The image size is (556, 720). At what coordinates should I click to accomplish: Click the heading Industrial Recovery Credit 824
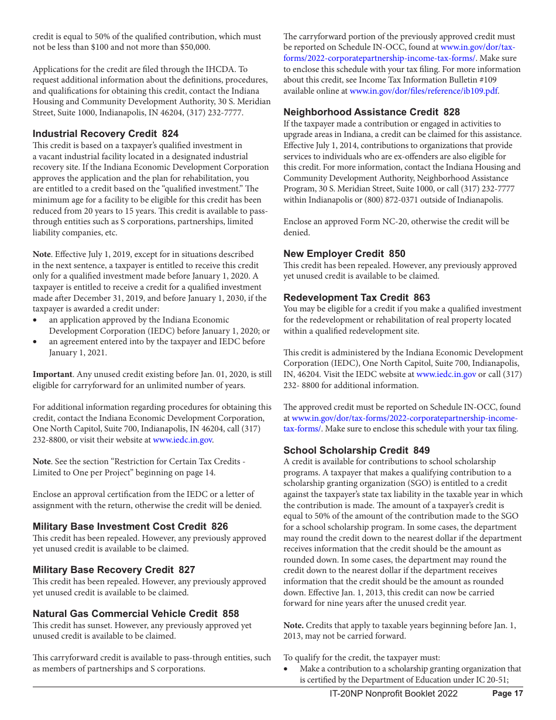click(x=105, y=134)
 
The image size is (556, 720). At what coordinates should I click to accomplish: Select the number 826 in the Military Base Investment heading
click(x=219, y=526)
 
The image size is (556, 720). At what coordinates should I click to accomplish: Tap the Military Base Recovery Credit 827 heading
click(x=114, y=570)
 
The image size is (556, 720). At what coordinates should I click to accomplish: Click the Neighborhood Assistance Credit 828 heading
click(x=372, y=112)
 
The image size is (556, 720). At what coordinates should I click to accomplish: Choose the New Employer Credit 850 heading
click(x=344, y=253)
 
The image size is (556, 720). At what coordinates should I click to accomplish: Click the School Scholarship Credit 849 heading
click(x=356, y=450)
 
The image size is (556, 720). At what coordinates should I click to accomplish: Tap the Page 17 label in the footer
click(x=507, y=694)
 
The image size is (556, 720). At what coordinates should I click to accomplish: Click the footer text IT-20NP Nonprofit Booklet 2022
click(x=393, y=694)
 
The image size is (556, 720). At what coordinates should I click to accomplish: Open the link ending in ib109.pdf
click(x=424, y=91)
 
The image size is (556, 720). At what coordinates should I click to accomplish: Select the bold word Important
click(x=52, y=374)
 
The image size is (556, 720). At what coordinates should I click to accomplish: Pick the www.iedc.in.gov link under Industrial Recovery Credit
click(x=182, y=440)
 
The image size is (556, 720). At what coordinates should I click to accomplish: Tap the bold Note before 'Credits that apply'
click(x=293, y=625)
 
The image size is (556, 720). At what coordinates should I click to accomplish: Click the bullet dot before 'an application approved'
click(x=36, y=320)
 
